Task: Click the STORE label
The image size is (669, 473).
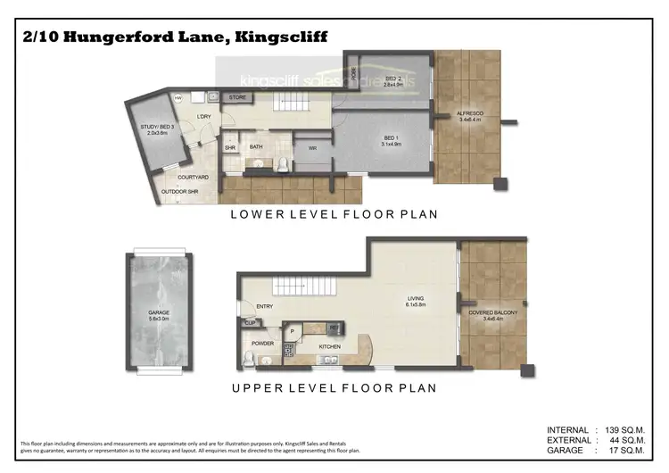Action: click(x=236, y=96)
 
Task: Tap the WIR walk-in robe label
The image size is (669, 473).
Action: click(x=313, y=148)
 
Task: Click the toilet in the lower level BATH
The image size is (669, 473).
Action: click(x=282, y=162)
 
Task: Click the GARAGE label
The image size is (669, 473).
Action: click(x=160, y=312)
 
